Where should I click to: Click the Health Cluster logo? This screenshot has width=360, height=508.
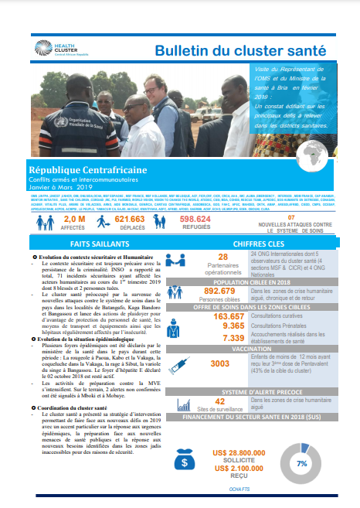pos(54,49)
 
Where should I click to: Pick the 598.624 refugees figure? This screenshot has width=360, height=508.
pos(195,220)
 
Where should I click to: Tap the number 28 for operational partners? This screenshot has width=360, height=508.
pos(223,257)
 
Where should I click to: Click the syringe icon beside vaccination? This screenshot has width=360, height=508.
pos(185,363)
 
